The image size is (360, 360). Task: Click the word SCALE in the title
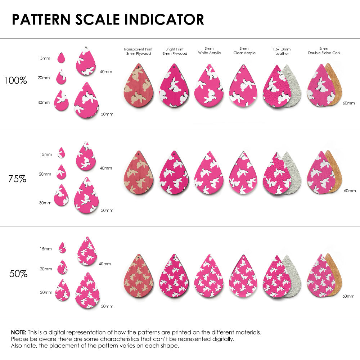click(x=97, y=19)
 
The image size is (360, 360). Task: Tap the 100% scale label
click(x=15, y=81)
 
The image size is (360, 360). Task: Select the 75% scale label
click(x=17, y=179)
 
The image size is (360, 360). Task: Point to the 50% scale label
click(x=18, y=274)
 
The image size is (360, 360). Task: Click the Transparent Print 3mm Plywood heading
click(x=138, y=51)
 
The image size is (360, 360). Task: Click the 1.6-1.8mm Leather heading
click(x=282, y=51)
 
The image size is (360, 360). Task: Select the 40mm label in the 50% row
click(x=105, y=264)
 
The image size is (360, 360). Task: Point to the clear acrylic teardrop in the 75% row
click(x=243, y=174)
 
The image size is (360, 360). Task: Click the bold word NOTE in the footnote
click(x=18, y=332)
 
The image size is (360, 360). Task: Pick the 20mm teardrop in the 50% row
click(x=62, y=267)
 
